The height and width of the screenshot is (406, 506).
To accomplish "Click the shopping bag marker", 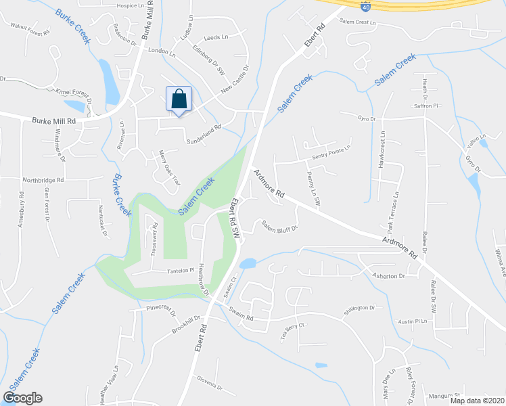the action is click(179, 100).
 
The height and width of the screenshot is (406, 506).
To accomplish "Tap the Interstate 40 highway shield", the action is click(365, 6).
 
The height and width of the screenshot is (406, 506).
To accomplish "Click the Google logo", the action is click(22, 397).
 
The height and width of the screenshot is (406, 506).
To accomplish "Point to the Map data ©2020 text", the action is click(477, 401).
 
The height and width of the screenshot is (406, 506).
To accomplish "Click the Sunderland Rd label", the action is click(204, 133).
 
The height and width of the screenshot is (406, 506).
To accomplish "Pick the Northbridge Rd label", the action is click(42, 181).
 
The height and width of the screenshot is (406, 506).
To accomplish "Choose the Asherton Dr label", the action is click(388, 276).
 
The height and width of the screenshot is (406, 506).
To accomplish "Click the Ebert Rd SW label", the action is click(235, 217).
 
